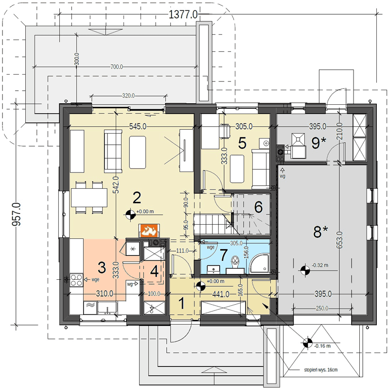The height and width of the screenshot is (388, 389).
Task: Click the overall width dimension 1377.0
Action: tap(183, 15)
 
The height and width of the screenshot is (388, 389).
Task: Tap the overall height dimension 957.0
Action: tap(17, 214)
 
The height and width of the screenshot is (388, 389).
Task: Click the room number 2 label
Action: tap(137, 198)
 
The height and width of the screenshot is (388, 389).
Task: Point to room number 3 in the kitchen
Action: tap(102, 268)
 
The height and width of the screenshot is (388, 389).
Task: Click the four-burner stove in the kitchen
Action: tap(76, 280)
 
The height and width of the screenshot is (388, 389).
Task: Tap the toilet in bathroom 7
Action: tap(234, 264)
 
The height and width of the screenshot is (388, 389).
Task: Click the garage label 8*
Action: tap(320, 232)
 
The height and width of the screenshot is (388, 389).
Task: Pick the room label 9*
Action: tap(318, 143)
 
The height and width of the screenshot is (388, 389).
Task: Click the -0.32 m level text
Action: tap(320, 265)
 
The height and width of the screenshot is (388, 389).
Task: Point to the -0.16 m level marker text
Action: tap(322, 346)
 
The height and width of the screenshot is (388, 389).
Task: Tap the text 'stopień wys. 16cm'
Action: tap(321, 369)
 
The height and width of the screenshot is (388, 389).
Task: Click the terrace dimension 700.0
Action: tap(116, 67)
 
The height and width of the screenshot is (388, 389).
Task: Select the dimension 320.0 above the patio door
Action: tap(128, 96)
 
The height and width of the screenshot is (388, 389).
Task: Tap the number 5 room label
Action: tap(242, 143)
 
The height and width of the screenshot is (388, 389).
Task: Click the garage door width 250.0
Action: tap(322, 309)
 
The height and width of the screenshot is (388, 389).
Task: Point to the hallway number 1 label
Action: tap(182, 304)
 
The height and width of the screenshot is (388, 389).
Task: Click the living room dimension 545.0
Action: tap(138, 127)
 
